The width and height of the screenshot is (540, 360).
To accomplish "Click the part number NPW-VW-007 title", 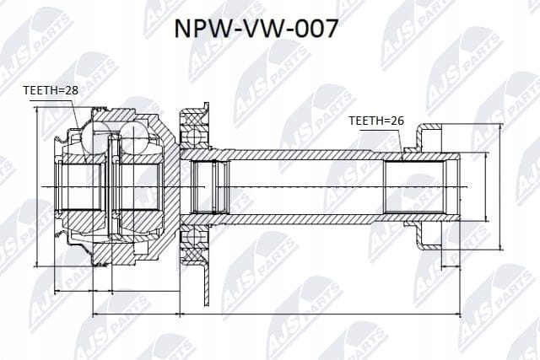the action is pyautogui.click(x=256, y=28).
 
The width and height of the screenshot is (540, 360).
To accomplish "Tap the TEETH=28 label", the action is pyautogui.click(x=51, y=90).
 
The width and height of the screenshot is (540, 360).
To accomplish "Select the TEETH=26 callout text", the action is pyautogui.click(x=376, y=121).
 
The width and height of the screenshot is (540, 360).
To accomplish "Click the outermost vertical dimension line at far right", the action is pyautogui.click(x=500, y=187).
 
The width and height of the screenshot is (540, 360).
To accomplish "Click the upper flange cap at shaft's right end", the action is pyautogui.click(x=429, y=137).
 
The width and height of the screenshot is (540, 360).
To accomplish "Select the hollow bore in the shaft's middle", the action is pyautogui.click(x=305, y=187).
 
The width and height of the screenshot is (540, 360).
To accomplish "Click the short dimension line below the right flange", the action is pyautogui.click(x=451, y=266).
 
